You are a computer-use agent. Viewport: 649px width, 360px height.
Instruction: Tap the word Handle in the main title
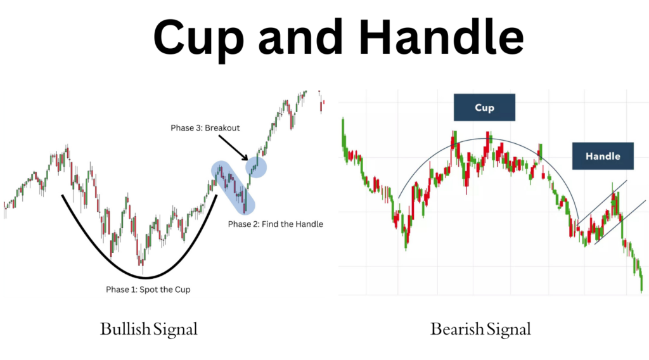[x=438, y=38]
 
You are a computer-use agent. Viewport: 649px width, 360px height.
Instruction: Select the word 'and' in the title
[x=304, y=38]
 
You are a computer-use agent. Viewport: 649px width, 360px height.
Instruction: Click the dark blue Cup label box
[x=484, y=108]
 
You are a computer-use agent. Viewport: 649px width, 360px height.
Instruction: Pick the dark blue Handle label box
[x=603, y=156]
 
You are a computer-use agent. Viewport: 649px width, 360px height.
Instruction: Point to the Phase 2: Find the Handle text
[x=275, y=224]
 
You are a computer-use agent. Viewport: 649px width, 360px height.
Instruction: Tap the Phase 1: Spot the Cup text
[x=148, y=289]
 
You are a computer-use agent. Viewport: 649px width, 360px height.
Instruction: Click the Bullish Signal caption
[x=149, y=329]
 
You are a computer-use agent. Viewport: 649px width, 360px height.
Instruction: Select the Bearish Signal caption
[x=480, y=329]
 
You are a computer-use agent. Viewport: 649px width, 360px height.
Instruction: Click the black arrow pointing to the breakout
[x=235, y=147]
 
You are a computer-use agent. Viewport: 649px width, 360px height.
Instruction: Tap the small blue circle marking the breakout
[x=256, y=167]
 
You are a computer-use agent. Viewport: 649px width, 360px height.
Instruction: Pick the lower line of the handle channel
[x=621, y=222]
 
